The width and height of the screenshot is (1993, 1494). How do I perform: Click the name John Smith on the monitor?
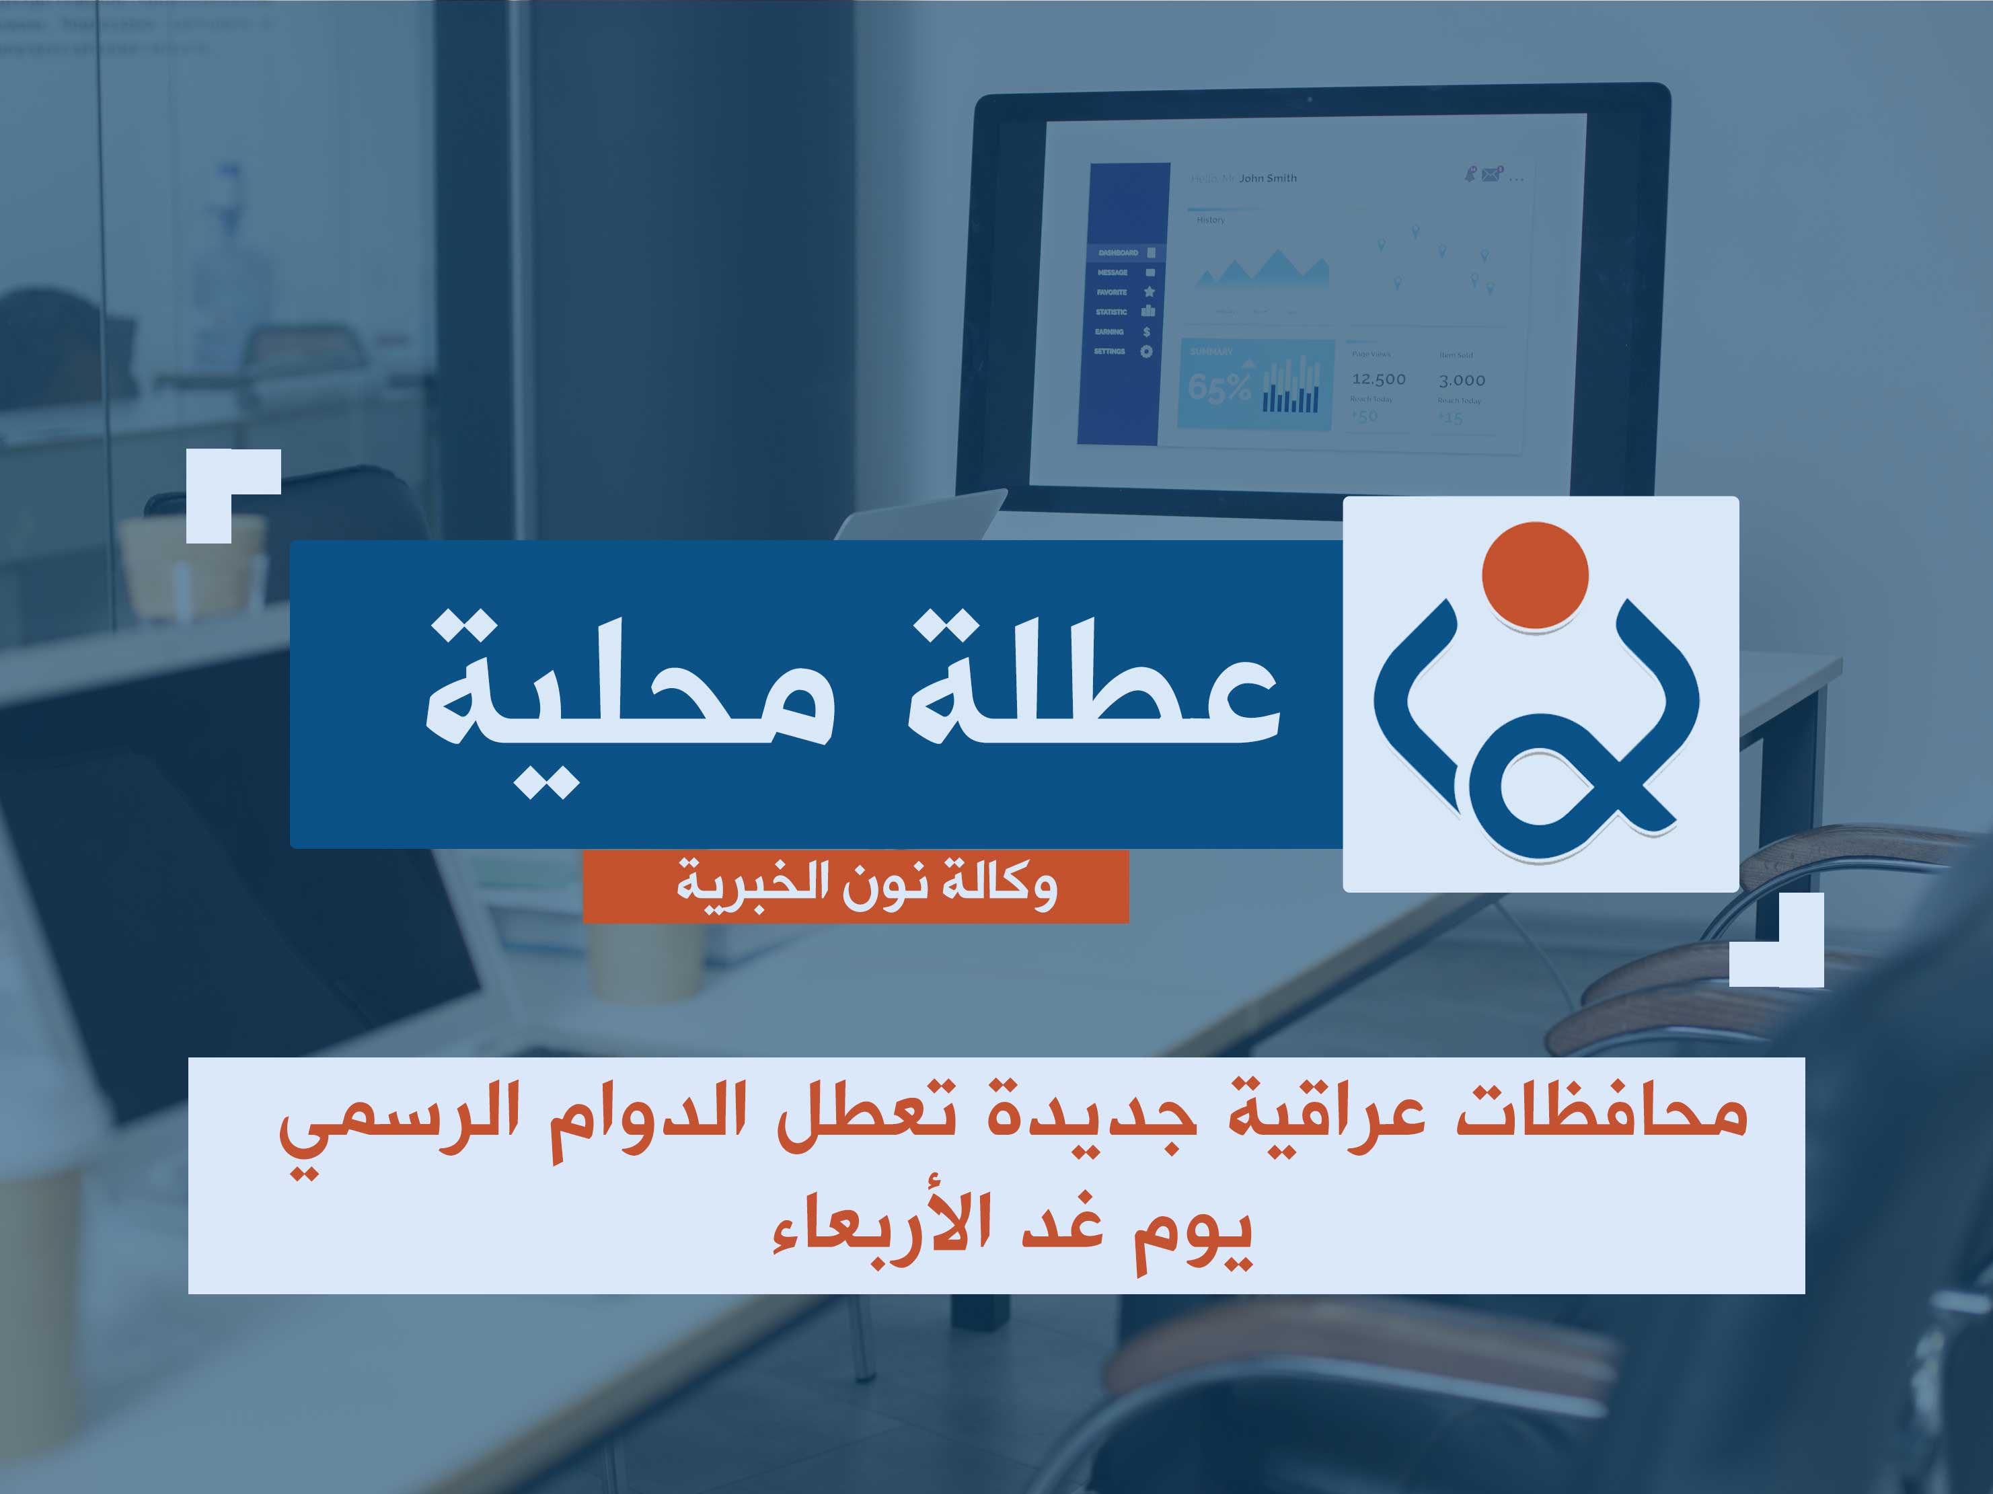[1268, 178]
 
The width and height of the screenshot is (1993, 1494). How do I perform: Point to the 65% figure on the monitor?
[1219, 387]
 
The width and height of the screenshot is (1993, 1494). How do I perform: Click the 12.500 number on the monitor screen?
[1378, 379]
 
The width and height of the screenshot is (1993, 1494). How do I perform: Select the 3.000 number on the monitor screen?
[1462, 380]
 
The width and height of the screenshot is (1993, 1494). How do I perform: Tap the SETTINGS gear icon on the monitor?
[1146, 351]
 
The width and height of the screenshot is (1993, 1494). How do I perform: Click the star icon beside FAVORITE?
[1149, 292]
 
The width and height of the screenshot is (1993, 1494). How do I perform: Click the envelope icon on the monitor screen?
[1491, 175]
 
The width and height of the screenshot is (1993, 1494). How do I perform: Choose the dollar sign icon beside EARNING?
[1146, 332]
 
